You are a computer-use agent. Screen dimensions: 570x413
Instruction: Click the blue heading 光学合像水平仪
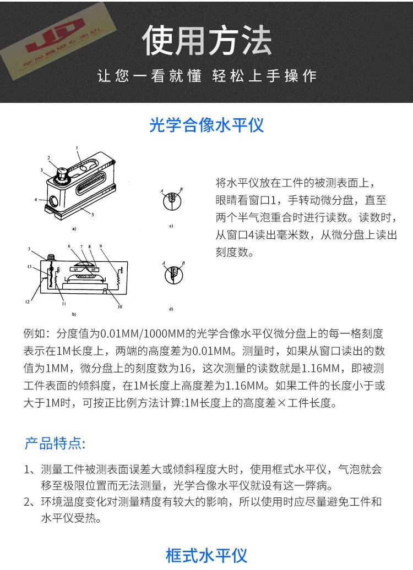(x=206, y=125)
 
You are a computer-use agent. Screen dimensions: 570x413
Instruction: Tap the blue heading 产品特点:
(x=55, y=443)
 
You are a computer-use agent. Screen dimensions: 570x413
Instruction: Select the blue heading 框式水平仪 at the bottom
(x=206, y=555)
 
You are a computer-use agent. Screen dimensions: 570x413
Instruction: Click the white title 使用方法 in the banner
(x=206, y=41)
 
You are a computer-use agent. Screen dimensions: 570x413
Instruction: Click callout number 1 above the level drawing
(x=78, y=147)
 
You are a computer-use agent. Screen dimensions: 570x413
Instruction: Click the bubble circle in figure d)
(x=172, y=273)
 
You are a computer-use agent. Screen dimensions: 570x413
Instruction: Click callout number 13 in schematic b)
(x=29, y=266)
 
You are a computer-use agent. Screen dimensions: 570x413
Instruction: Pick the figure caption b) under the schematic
(x=74, y=314)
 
